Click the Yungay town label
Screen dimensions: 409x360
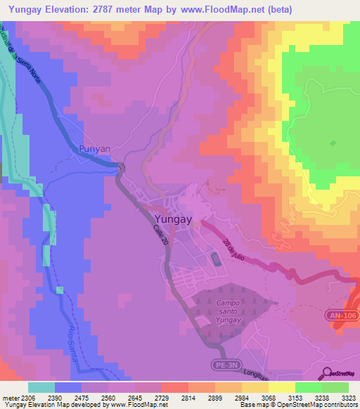tap(172, 219)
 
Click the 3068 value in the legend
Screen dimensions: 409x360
tap(259, 397)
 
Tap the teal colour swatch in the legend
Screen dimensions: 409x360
tap(41, 387)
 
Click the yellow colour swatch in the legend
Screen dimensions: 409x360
tap(282, 387)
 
